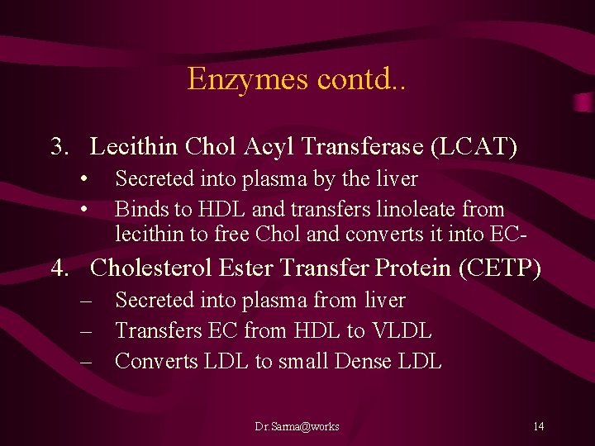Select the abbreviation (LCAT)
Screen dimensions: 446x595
tap(475, 147)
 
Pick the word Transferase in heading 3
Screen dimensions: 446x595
tap(370, 147)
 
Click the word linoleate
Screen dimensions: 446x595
tap(463, 210)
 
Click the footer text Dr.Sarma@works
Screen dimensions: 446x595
tap(297, 426)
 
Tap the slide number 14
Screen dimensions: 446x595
tap(538, 426)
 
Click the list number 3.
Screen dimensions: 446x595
tap(59, 147)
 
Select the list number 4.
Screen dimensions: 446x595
tap(59, 268)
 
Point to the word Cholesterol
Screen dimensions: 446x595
tap(152, 268)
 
